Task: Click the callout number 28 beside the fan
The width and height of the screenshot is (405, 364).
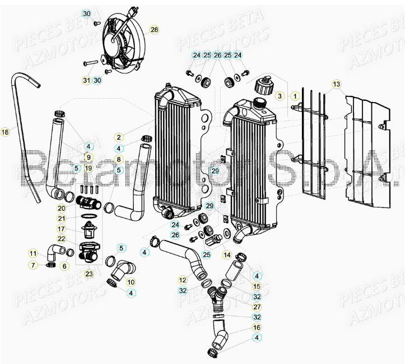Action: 154,30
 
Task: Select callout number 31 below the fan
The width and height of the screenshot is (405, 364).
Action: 86,80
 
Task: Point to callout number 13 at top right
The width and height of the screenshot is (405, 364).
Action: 336,84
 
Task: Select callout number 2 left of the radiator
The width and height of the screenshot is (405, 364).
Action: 119,137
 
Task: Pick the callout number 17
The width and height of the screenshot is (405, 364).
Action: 77,229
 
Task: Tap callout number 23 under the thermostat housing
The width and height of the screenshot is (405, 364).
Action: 89,274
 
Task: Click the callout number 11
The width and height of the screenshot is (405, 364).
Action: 34,254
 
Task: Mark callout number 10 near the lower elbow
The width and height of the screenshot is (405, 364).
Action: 131,282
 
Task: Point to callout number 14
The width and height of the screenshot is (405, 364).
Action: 227,255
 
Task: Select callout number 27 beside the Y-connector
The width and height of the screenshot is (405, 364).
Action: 257,307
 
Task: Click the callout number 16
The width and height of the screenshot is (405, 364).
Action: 257,327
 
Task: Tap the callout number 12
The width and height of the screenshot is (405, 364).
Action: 183,279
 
